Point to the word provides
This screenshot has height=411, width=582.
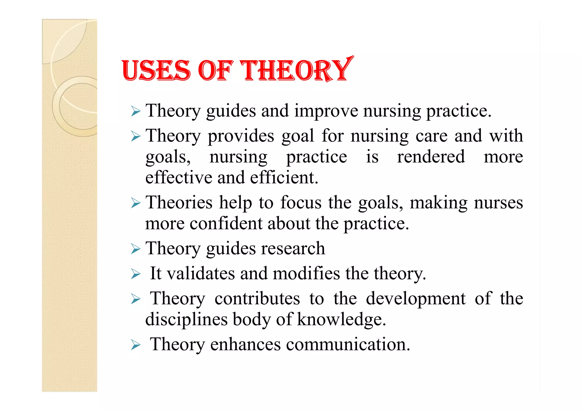pyautogui.click(x=241, y=136)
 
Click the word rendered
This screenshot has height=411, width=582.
pyautogui.click(x=431, y=157)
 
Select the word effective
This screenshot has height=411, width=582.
pyautogui.click(x=179, y=178)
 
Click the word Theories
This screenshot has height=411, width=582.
pyautogui.click(x=179, y=203)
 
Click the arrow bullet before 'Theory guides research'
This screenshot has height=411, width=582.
pyautogui.click(x=136, y=249)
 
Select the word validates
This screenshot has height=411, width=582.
pyautogui.click(x=201, y=273)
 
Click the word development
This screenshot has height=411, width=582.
pyautogui.click(x=416, y=299)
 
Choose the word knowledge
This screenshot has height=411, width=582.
pyautogui.click(x=341, y=320)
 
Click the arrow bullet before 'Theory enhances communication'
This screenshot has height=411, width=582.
pyautogui.click(x=136, y=345)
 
